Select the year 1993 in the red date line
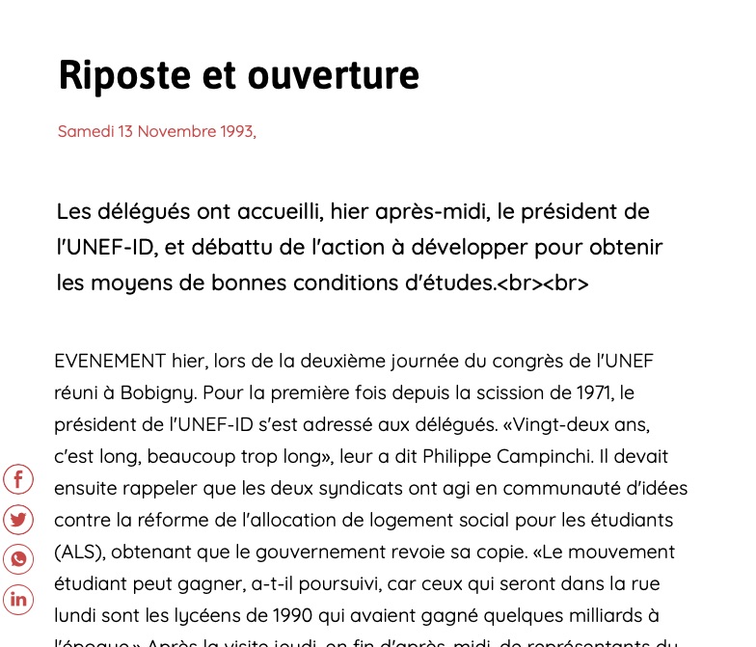click(235, 131)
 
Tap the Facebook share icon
click(18, 479)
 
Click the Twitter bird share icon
click(18, 520)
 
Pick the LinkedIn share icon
click(18, 599)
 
